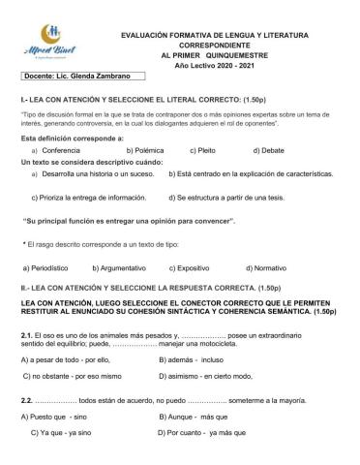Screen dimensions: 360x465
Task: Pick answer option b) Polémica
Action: pyautogui.click(x=140, y=151)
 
